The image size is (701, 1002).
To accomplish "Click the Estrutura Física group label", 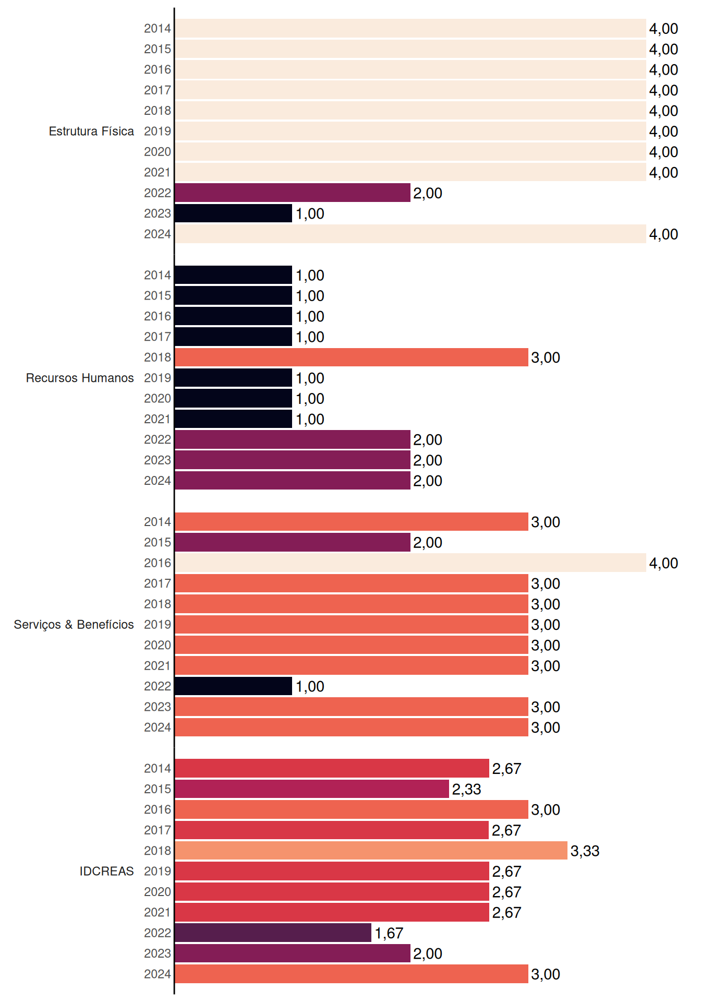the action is tap(91, 131).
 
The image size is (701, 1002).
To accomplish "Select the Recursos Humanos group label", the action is tap(80, 378).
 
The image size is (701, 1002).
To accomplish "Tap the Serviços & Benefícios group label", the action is tap(74, 625).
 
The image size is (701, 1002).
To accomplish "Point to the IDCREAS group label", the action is tap(106, 871).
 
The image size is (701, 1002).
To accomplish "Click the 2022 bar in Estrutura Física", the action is tap(293, 193).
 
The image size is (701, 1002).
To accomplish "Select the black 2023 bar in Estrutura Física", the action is tap(234, 213).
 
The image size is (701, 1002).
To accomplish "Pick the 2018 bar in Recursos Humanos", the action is tap(352, 357).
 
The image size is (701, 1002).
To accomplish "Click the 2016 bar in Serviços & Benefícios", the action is tap(410, 563).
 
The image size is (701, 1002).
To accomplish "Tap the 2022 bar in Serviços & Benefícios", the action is tap(234, 686).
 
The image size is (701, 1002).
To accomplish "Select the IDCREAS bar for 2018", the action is tap(371, 851).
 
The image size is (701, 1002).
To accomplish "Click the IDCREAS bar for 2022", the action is tap(273, 933).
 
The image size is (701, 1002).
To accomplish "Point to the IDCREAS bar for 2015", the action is tap(312, 789).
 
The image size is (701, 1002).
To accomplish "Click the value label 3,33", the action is tap(585, 851).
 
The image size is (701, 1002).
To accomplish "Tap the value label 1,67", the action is tap(389, 933).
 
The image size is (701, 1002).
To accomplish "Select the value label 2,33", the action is tap(467, 790).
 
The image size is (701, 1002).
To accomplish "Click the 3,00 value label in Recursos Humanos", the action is tap(546, 358).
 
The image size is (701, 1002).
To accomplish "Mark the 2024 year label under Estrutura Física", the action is tap(158, 234).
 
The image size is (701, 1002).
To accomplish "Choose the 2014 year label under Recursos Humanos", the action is tap(158, 275).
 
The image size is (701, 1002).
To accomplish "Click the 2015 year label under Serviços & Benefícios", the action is tap(158, 542).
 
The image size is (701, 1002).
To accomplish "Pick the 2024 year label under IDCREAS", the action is tap(158, 974).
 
